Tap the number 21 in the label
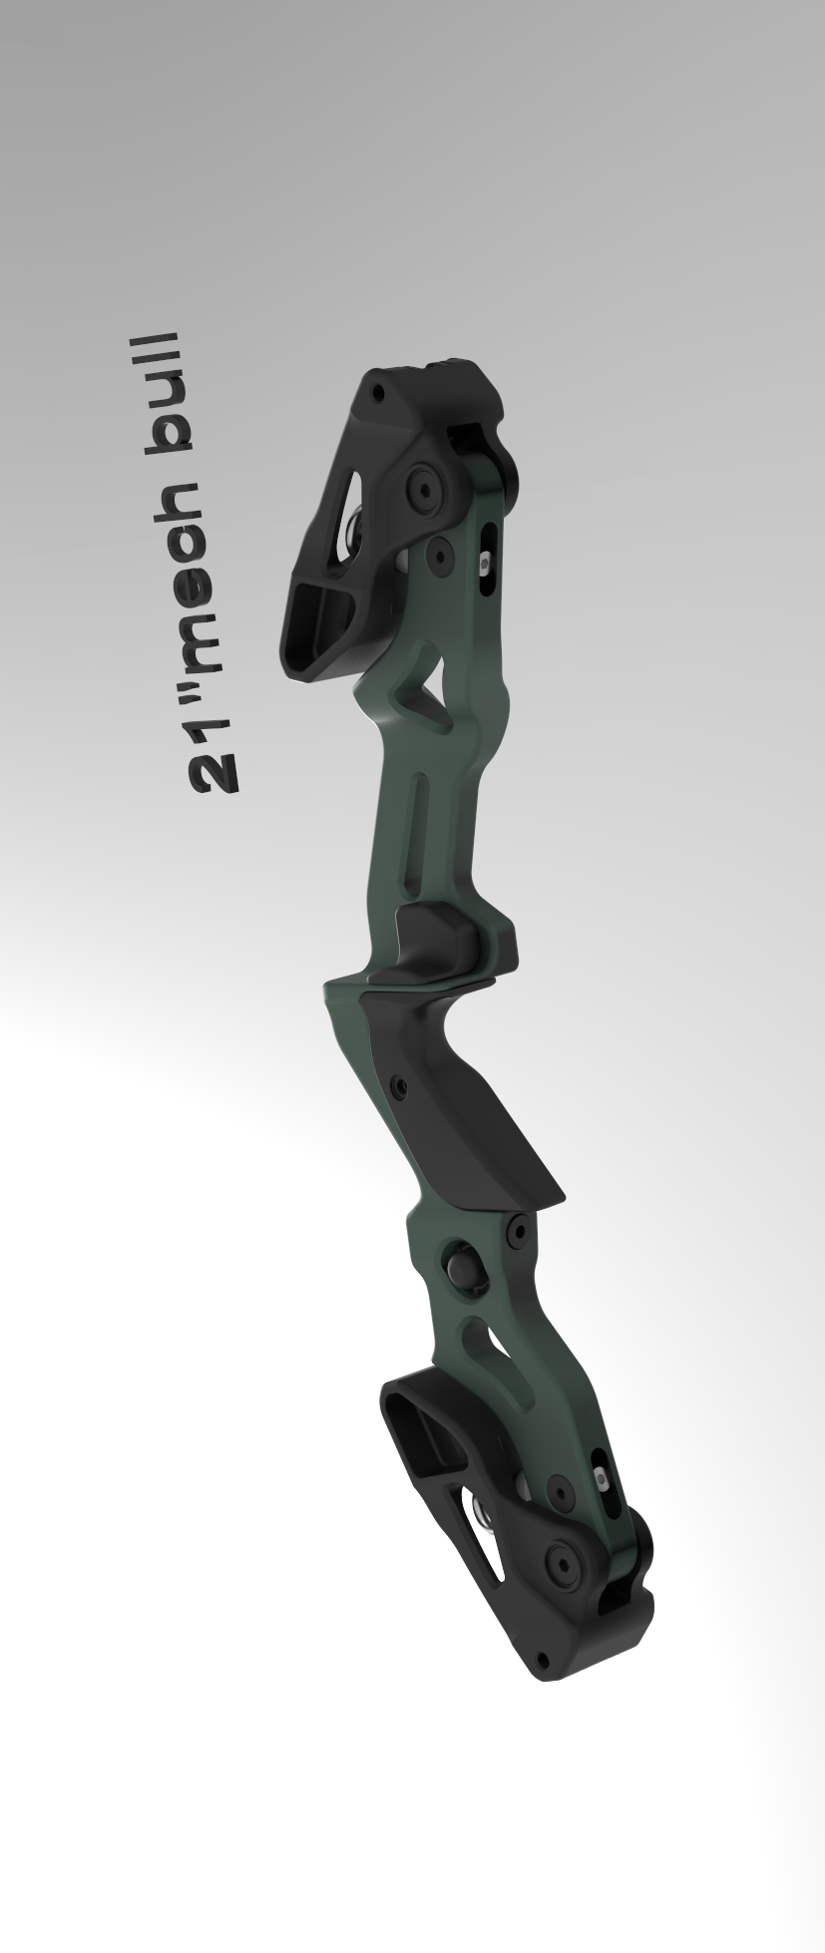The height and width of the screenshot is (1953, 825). (x=212, y=756)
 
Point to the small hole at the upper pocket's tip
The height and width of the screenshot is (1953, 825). (x=377, y=393)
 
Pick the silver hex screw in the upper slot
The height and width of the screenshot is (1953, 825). (x=485, y=564)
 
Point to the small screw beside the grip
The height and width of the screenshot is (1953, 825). (x=400, y=1087)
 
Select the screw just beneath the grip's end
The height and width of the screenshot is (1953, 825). (x=518, y=1232)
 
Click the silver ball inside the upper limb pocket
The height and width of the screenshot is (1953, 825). (x=351, y=529)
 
